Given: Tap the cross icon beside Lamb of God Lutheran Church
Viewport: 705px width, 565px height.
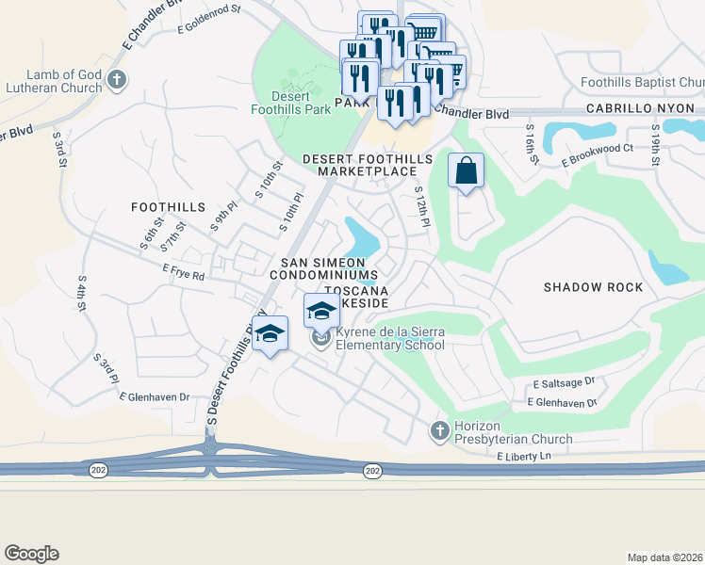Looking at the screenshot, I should pos(117,79).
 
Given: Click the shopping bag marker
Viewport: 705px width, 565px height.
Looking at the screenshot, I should pos(466,170).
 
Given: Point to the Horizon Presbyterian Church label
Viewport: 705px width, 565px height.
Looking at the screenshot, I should pos(513,432).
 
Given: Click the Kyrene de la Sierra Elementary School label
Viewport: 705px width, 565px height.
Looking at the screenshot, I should pos(390,339).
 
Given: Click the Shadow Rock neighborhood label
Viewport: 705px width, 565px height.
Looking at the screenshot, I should pos(593,287).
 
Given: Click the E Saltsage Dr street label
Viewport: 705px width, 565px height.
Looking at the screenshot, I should pos(564,383).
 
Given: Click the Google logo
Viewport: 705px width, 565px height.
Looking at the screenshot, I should pos(31,554).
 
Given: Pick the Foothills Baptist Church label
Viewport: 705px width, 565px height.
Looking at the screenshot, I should pos(642,83).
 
